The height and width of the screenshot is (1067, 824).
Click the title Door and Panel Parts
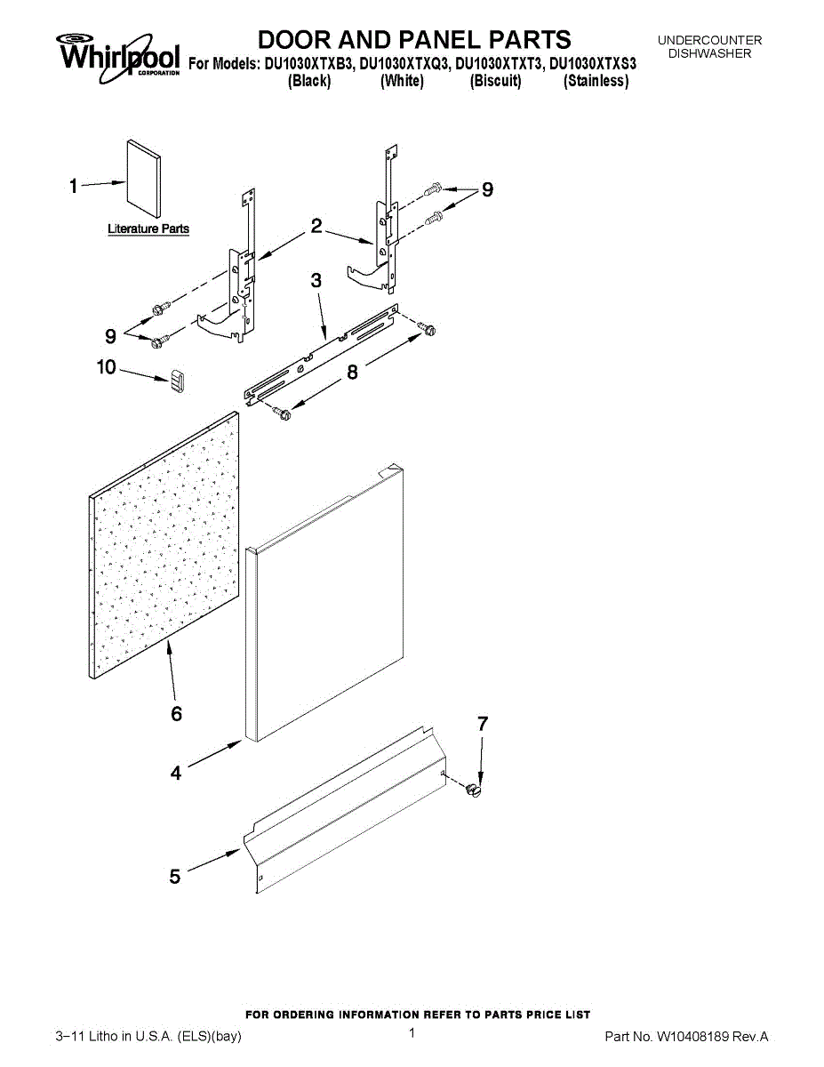[x=414, y=40]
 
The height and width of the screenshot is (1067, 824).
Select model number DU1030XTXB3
[x=308, y=64]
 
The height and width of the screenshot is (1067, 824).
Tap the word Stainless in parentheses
[x=596, y=82]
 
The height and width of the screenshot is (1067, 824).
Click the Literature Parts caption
[x=148, y=229]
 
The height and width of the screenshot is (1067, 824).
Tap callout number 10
[x=107, y=366]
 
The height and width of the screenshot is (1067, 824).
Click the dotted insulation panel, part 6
[x=165, y=547]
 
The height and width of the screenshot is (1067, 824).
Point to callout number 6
[x=176, y=713]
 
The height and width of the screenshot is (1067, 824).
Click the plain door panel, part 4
[x=324, y=605]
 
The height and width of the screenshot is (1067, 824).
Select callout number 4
[x=176, y=774]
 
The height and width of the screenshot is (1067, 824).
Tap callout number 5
[x=175, y=877]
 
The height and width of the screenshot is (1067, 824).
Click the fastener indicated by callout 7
[x=476, y=789]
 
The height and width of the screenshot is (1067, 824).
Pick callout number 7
[x=483, y=725]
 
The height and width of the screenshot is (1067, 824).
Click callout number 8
[x=353, y=373]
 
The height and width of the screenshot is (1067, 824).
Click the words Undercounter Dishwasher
[x=709, y=47]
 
